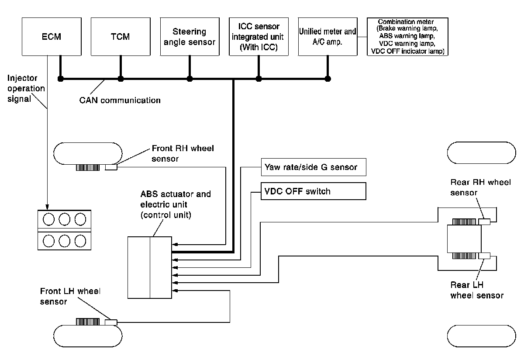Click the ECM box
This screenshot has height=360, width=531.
(52, 37)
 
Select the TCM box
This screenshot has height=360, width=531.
(121, 37)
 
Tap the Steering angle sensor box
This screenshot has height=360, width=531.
(190, 37)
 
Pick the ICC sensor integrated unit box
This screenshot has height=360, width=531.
(259, 37)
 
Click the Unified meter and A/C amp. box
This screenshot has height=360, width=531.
(328, 37)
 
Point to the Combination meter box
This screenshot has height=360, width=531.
(407, 37)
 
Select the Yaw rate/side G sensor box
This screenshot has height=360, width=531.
(314, 167)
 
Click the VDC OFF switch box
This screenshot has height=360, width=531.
(314, 191)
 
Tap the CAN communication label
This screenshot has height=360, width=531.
(120, 100)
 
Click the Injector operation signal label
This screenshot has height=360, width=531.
(26, 88)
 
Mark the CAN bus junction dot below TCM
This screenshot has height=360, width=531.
(121, 79)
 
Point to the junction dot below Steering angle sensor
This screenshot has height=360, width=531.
(190, 79)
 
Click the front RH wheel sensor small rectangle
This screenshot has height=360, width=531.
(111, 167)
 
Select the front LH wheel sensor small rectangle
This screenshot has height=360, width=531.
(111, 322)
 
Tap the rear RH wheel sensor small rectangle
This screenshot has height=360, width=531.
(484, 222)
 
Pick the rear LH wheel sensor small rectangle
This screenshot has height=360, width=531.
(484, 256)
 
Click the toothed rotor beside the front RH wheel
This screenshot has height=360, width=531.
(88, 167)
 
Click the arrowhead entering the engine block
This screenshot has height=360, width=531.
(47, 207)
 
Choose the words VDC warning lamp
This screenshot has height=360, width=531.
(407, 44)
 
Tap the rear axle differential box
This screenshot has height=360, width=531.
(464, 239)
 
